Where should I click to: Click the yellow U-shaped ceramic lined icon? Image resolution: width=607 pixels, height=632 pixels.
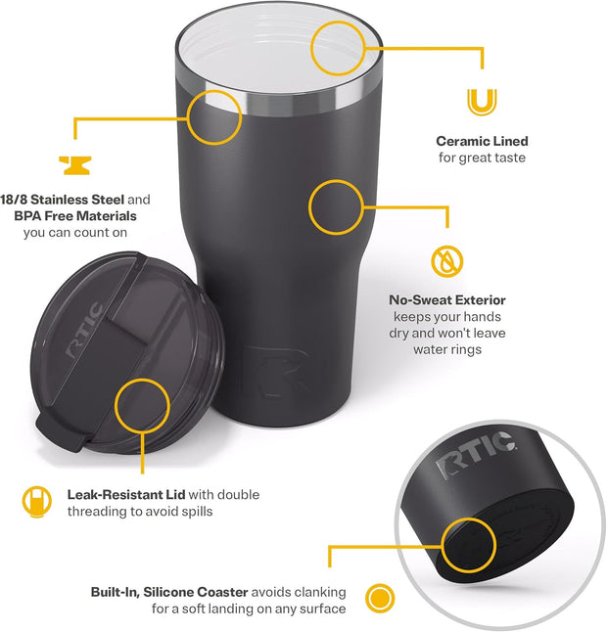tap(482, 102)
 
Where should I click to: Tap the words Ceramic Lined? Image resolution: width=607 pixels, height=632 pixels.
tap(482, 142)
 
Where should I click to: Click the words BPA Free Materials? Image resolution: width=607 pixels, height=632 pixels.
tap(75, 214)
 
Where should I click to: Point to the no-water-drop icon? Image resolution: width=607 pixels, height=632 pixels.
tap(447, 261)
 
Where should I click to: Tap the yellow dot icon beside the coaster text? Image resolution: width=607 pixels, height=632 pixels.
tap(378, 598)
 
